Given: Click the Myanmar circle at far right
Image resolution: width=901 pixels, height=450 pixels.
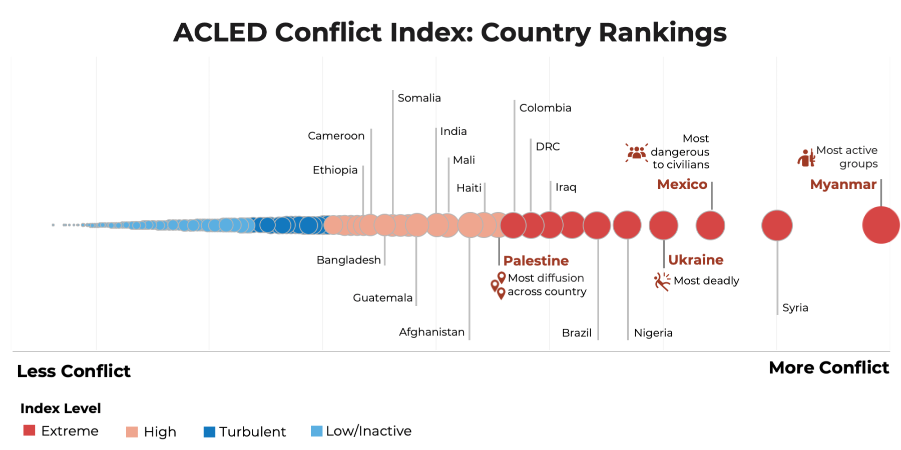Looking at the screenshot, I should coord(880,225).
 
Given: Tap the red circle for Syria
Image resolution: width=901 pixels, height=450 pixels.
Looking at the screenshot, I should coord(776,225).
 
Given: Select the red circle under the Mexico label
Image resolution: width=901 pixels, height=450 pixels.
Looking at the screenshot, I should coord(710,225).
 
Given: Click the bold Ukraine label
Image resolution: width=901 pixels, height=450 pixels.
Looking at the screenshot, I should coord(695,260).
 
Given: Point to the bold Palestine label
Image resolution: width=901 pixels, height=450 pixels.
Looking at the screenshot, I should coord(536,261).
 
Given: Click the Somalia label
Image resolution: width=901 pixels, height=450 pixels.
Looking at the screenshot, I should coord(419,98).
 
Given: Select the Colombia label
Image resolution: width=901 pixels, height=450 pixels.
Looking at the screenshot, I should coord(545,108).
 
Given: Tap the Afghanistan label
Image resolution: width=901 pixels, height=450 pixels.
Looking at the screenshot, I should coord(431,332).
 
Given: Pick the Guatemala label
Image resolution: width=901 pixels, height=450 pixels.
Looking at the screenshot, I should coord(382,298).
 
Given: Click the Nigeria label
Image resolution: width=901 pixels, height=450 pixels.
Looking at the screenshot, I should coord(653,333).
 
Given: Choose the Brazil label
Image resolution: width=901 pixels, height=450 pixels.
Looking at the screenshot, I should coord(577,333).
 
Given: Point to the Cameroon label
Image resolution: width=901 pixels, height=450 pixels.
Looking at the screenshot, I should coord(336,136).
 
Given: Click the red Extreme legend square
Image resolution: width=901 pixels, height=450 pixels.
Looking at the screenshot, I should coord(30,430).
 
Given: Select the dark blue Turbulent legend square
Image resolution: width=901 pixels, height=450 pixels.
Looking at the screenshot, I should coord(209,431).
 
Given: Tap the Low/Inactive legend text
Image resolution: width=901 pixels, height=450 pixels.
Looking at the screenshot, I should coord(368,431).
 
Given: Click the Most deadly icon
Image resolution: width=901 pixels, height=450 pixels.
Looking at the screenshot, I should coord(662,281).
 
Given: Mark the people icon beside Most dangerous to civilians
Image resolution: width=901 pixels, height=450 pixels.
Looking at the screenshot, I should coord(636,152).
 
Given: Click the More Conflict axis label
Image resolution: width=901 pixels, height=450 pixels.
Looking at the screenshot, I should coord(828,368).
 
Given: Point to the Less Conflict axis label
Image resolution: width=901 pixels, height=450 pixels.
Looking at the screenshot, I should coord(74,371).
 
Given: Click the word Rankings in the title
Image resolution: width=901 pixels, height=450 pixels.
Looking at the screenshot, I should coord(662,32).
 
